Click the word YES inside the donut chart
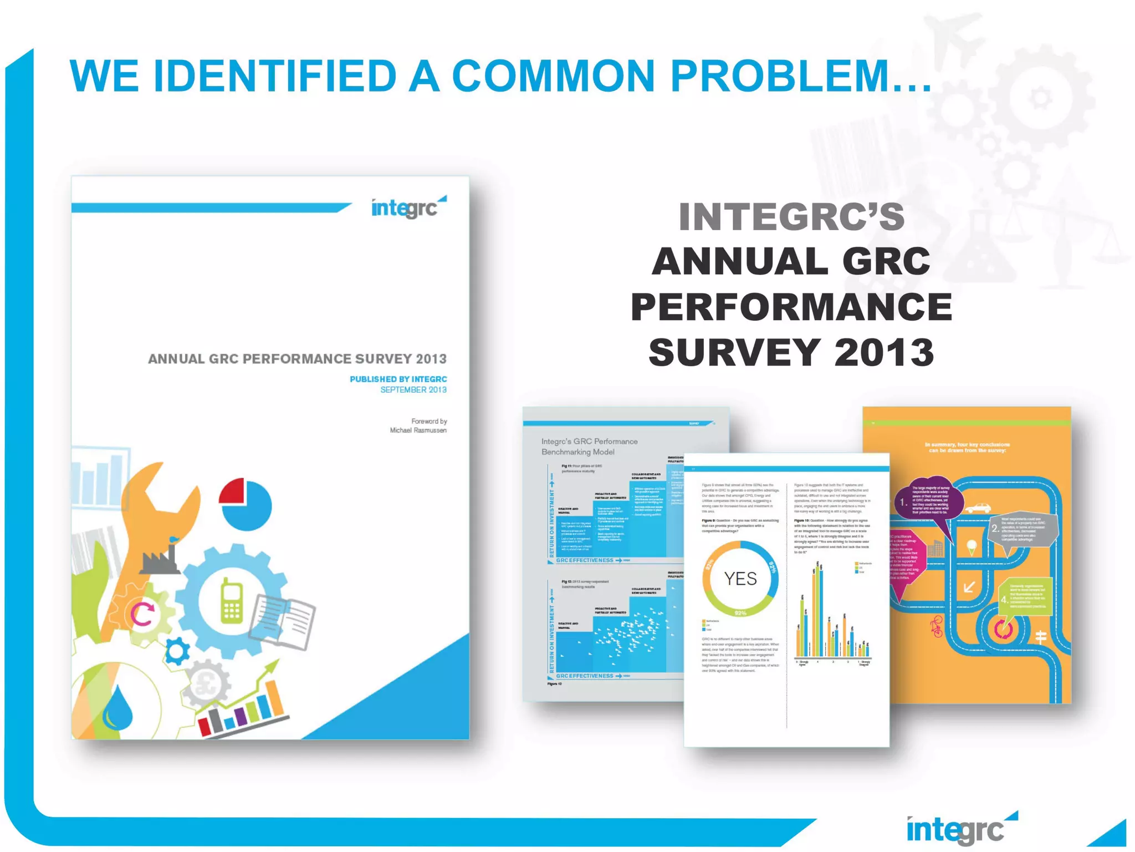point(740,579)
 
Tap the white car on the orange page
point(978,508)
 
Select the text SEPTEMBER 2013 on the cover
point(413,390)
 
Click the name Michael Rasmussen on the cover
point(418,430)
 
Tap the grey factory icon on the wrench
point(160,559)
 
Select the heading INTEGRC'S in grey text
point(791,217)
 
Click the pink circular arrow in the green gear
point(142,614)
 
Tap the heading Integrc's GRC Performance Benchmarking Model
point(589,447)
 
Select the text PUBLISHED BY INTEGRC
point(398,379)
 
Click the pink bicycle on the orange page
point(936,626)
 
